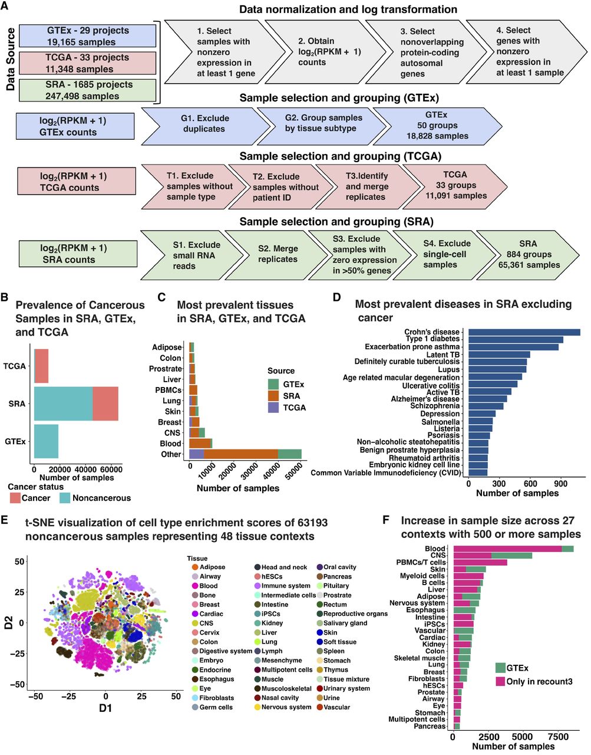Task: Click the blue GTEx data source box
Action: (88, 36)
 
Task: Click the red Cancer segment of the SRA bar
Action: (105, 403)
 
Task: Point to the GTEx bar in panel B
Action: (46, 441)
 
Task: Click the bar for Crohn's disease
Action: (524, 332)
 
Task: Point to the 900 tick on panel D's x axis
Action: (560, 483)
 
